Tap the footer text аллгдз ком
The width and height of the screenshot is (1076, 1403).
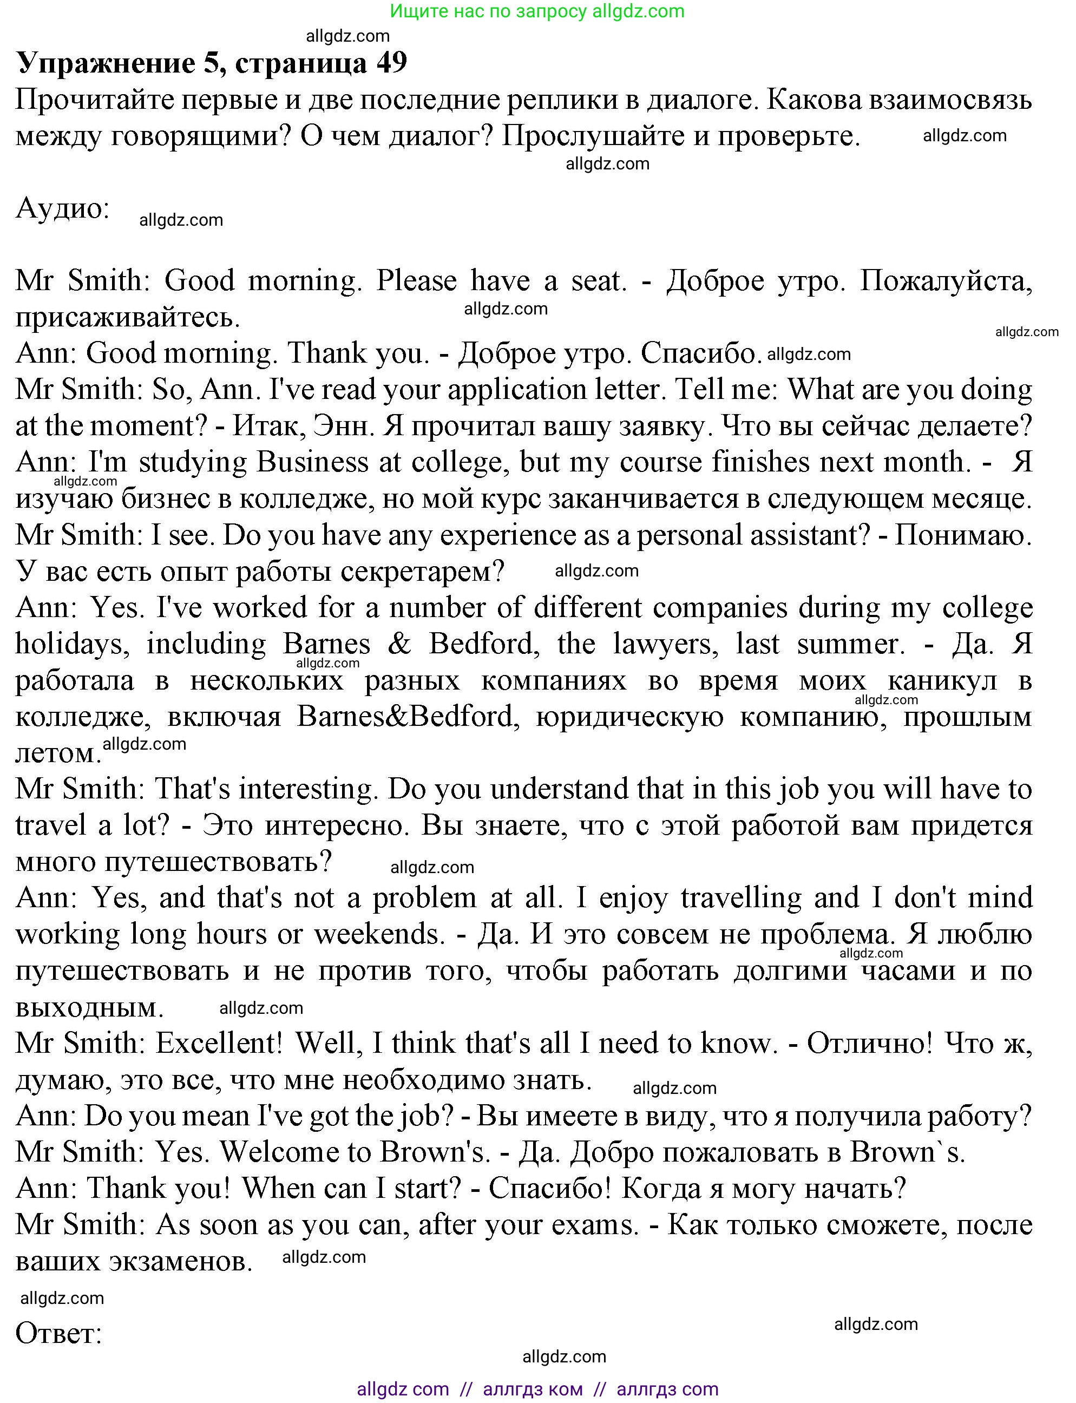pos(533,1389)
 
